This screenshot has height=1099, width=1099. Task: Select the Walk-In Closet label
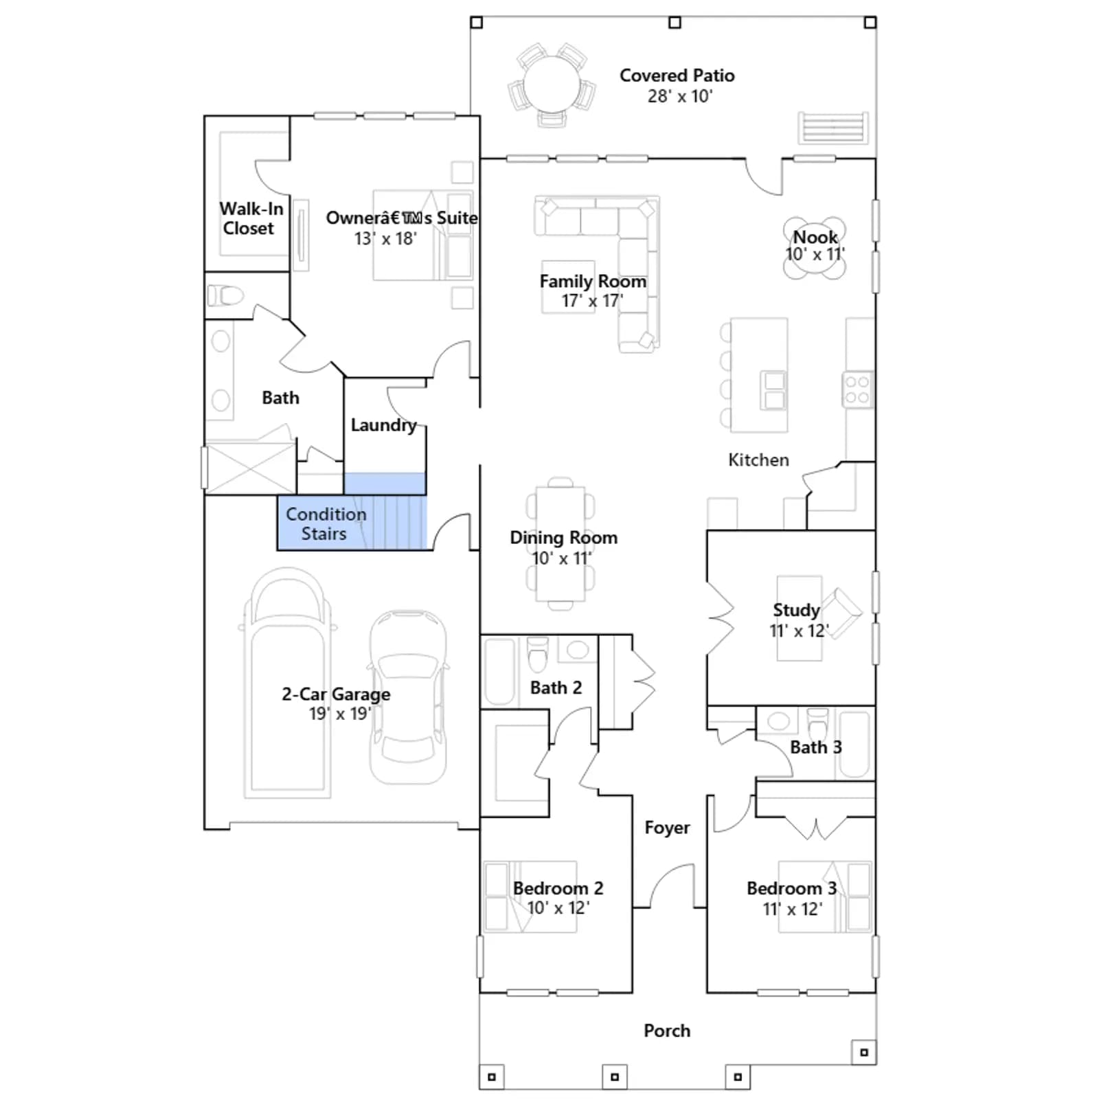(x=250, y=218)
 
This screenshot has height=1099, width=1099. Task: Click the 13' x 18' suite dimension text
(x=385, y=238)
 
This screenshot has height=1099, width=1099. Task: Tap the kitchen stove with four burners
(x=857, y=390)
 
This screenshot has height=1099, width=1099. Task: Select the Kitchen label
(x=758, y=460)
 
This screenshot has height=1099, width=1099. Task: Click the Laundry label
(x=383, y=425)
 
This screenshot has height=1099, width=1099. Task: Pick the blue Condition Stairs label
(x=326, y=524)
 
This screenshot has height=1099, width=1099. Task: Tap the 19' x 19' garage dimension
(x=339, y=714)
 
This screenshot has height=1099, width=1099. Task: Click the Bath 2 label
(x=556, y=688)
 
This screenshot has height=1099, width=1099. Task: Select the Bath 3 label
(x=815, y=747)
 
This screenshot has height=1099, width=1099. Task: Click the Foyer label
(x=667, y=828)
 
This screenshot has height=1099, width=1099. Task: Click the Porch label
(x=667, y=1030)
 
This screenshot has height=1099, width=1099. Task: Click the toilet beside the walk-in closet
(x=225, y=296)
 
